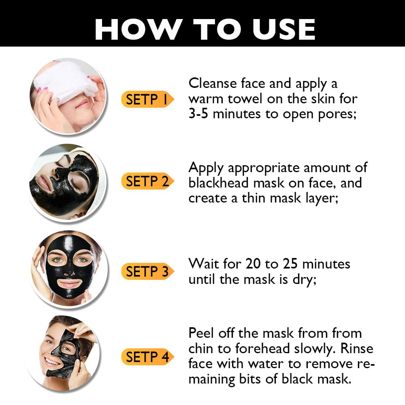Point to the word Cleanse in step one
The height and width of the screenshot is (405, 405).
[x=213, y=83]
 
